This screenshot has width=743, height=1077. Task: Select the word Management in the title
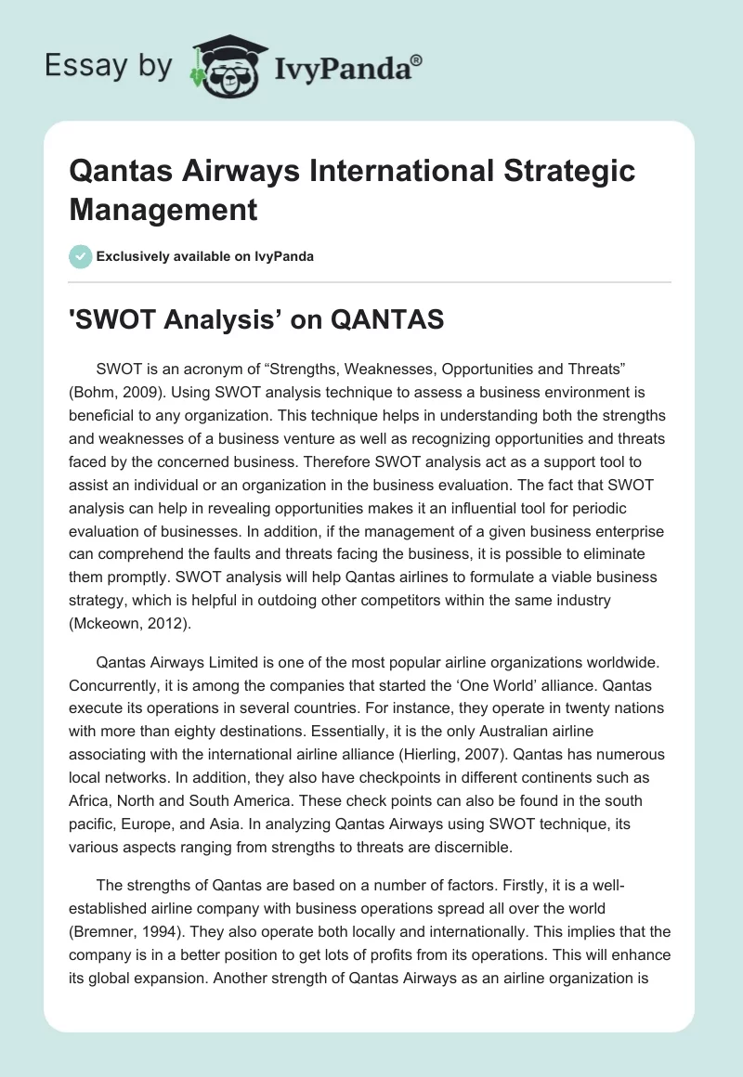(163, 210)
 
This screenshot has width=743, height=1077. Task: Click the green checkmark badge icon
(82, 256)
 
